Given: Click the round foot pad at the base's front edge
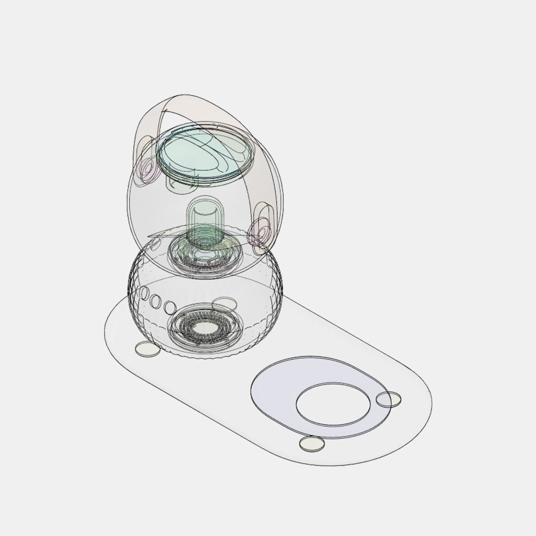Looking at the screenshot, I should (312, 443).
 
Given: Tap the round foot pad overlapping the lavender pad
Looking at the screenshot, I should (389, 399).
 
